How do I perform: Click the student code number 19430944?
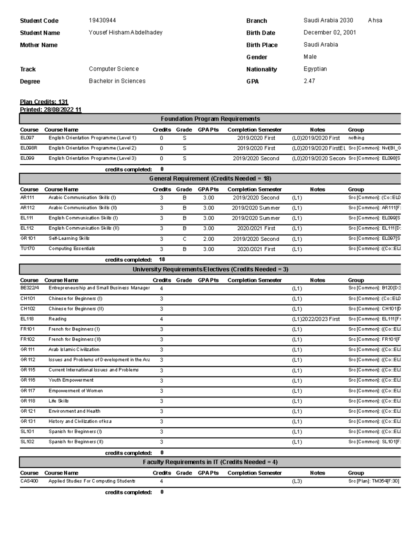(102, 21)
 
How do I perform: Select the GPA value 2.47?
(309, 81)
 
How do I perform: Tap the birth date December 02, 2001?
(329, 33)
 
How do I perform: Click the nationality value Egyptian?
(315, 69)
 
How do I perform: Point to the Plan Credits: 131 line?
(44, 102)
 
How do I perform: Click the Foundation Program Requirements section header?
(210, 119)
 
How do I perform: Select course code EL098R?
(29, 148)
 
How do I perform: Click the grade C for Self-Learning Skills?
(184, 239)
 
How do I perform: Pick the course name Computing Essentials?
(72, 249)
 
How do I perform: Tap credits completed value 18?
(161, 260)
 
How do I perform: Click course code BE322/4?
(30, 288)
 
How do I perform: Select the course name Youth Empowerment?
(71, 380)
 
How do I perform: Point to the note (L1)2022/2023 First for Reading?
(316, 319)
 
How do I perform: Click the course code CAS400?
(29, 481)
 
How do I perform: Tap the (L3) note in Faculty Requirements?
(297, 481)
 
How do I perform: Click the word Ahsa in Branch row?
(375, 21)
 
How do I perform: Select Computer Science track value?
(114, 69)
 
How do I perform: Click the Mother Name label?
(39, 45)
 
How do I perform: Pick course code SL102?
(27, 442)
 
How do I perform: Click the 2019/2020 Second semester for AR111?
(256, 198)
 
